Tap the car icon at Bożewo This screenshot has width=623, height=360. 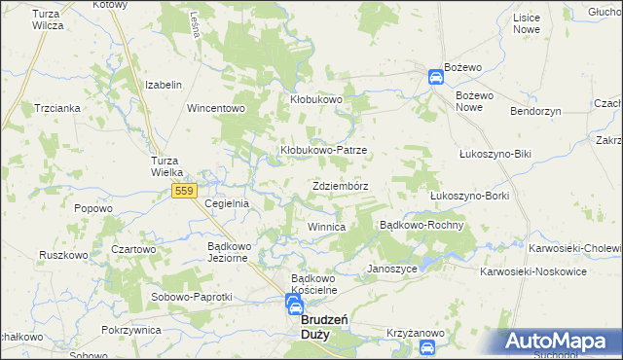435,78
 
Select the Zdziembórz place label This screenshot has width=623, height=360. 340,185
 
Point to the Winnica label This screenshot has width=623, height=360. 327,227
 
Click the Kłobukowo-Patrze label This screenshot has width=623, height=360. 323,151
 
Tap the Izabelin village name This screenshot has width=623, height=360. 164,85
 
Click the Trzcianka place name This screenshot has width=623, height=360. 55,108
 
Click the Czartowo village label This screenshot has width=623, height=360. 133,249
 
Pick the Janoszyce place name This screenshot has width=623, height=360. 392,269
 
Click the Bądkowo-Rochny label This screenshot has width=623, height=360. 420,225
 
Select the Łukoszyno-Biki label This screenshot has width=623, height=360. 495,154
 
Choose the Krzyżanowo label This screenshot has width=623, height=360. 416,333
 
